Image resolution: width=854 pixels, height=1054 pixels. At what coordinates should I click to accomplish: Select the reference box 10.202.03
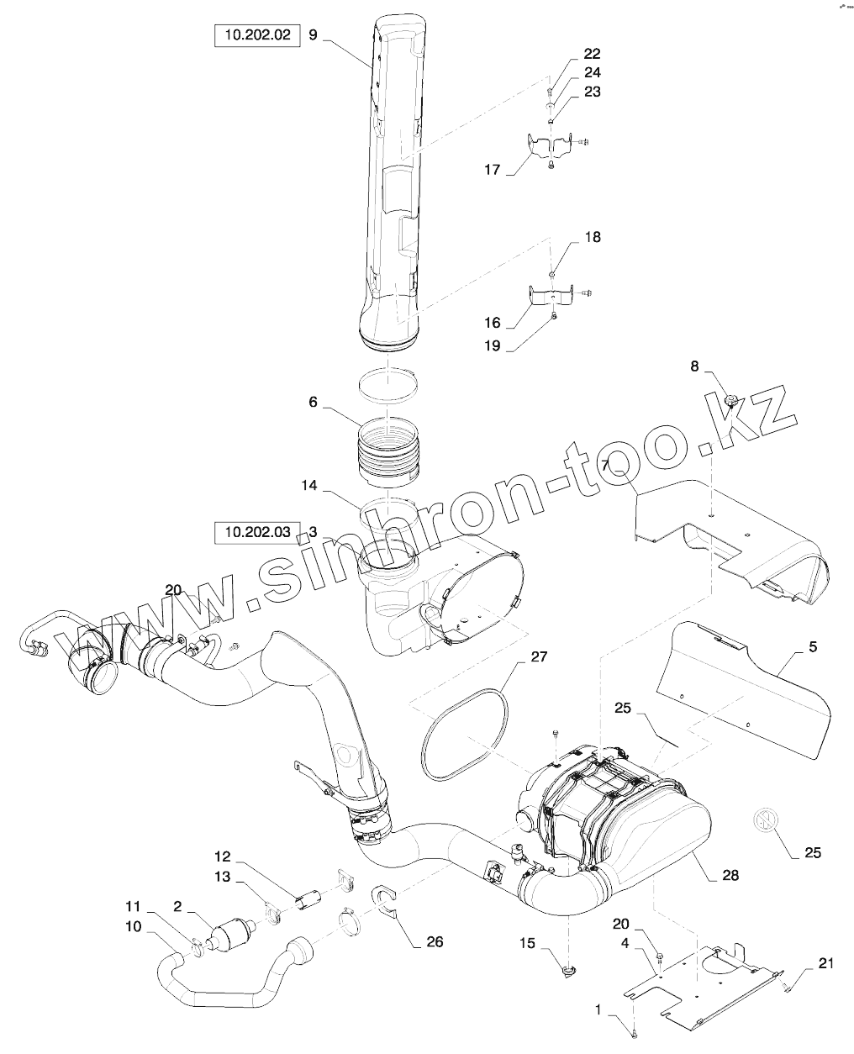256,532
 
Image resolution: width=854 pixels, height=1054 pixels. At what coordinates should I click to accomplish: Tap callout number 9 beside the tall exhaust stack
314,35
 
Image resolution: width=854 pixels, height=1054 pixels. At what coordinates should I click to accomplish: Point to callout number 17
492,170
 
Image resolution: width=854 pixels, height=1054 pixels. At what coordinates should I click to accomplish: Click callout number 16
492,323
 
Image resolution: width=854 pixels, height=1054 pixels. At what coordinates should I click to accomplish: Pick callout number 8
694,366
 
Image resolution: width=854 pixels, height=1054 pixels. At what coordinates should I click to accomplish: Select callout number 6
314,403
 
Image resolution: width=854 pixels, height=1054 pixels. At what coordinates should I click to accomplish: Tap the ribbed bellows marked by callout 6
388,458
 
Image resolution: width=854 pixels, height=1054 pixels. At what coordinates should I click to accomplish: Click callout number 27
538,656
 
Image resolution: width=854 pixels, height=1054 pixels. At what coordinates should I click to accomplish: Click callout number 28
730,875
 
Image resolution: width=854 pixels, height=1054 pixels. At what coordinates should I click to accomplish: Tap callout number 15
527,944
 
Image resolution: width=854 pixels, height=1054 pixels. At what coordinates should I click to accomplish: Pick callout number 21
825,963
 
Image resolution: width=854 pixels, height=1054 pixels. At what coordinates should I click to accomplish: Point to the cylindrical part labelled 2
230,938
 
